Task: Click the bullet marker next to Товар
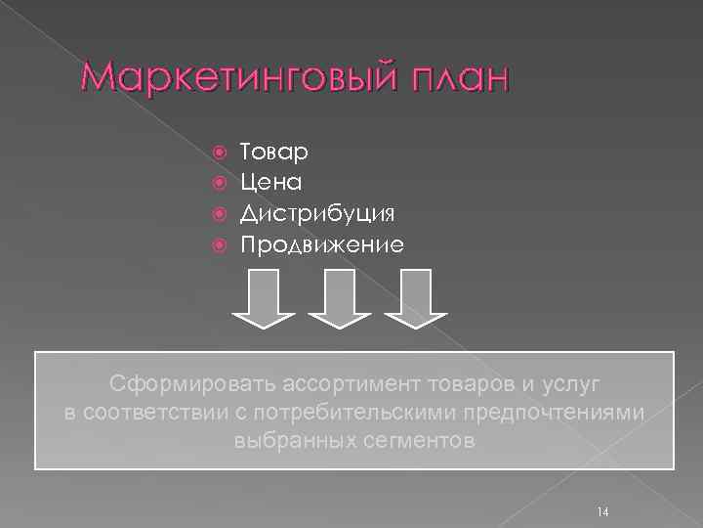[218, 153]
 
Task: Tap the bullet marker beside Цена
[218, 183]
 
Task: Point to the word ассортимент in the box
[343, 380]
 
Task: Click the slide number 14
[601, 512]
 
